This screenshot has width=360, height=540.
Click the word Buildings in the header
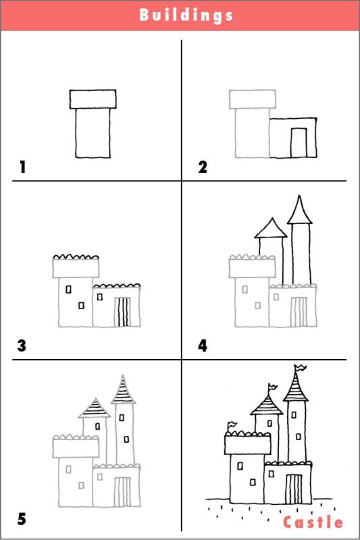pos(186,15)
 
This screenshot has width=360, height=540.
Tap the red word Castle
pos(313,522)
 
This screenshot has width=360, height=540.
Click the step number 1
pos(22,166)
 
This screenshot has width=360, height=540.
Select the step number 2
pos(202,166)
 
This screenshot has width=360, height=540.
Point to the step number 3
pos(22,346)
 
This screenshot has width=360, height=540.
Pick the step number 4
pos(202,346)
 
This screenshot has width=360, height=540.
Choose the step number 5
pos(22,519)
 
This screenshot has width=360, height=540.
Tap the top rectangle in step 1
pos(93,99)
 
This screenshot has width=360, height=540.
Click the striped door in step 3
pos(122,312)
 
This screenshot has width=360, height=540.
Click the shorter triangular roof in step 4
pos(271,228)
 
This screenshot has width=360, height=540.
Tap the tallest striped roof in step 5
pos(122,389)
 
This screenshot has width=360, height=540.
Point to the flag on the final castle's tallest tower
pos(300,368)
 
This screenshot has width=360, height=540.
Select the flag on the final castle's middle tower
pos(272,387)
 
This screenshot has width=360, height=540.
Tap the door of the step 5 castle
pos(122,491)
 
